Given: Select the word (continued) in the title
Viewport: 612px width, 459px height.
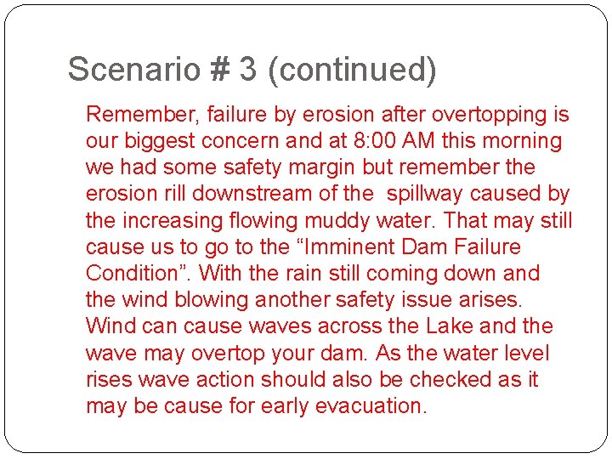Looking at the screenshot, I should (x=352, y=69).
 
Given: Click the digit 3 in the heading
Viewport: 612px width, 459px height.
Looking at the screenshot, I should (x=248, y=69).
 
